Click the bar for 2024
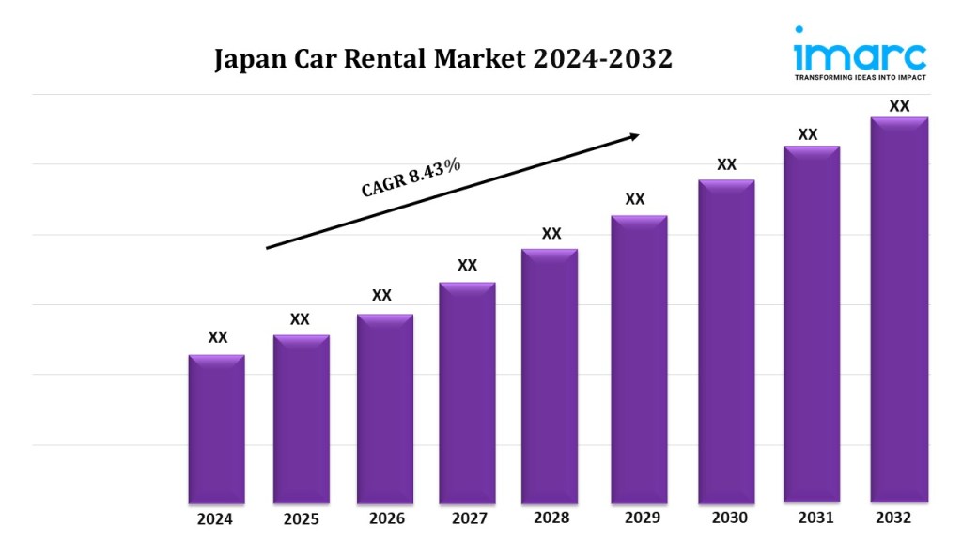217,428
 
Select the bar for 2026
384,408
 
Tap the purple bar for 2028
550,376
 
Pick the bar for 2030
726,340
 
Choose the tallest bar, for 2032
899,309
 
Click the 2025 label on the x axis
301,519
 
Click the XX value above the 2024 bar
217,337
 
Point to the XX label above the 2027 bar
467,265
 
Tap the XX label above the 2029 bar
635,199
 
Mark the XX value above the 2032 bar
899,106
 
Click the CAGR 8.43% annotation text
411,178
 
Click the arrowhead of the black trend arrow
633,136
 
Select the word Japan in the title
247,60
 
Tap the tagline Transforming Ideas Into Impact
860,77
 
